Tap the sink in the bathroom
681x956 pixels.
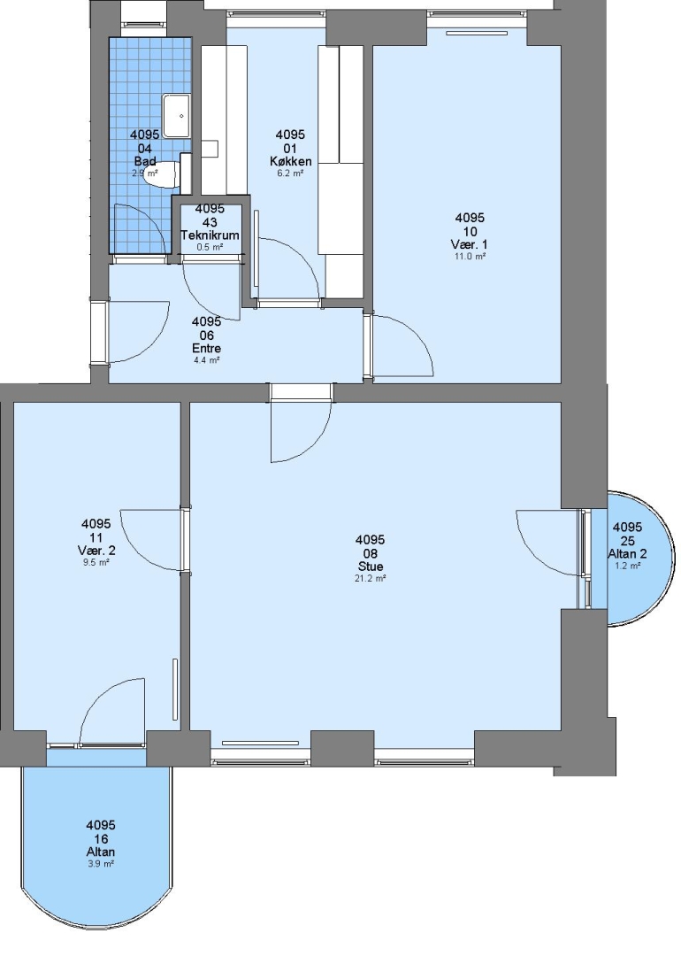coord(177,116)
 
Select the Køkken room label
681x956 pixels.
coord(291,162)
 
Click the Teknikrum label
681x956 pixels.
coord(210,235)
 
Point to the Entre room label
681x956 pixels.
coord(206,349)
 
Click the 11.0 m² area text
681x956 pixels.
coord(471,257)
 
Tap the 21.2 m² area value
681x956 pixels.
coord(370,579)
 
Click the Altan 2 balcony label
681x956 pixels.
coord(627,553)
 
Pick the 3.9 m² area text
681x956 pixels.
coord(101,864)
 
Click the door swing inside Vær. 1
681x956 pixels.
coord(402,344)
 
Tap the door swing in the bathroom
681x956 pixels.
coord(140,229)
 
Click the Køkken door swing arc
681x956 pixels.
coord(288,267)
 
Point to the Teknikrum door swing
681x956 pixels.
coord(210,291)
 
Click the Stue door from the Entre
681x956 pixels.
coord(302,431)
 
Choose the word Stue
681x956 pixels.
coord(371,567)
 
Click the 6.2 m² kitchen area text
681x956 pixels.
coord(291,173)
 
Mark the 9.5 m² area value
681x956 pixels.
coord(96,563)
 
